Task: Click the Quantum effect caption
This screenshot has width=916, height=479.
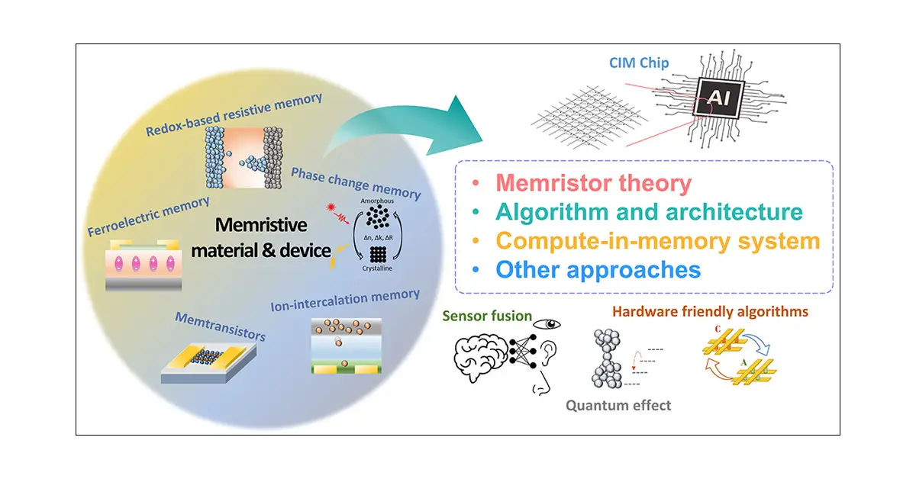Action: tap(619, 406)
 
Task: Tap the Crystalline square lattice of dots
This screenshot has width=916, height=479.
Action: tap(376, 255)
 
